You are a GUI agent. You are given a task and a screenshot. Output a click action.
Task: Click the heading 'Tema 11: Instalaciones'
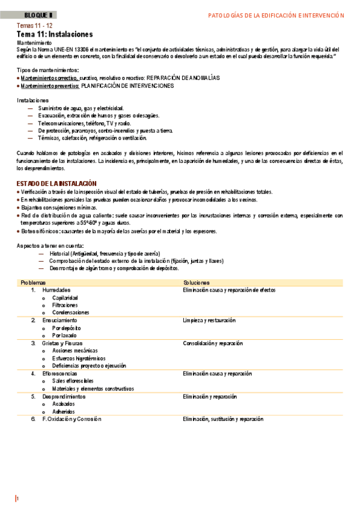(x=55, y=35)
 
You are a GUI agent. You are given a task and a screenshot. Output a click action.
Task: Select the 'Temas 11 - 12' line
(x=35, y=26)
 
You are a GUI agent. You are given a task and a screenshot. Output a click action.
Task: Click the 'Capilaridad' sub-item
(x=65, y=298)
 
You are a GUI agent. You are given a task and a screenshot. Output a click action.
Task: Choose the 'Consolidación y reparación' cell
(x=213, y=343)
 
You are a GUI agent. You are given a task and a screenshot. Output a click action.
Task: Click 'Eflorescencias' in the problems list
(x=60, y=373)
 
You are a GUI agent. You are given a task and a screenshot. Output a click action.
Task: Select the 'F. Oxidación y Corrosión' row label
(x=72, y=419)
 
